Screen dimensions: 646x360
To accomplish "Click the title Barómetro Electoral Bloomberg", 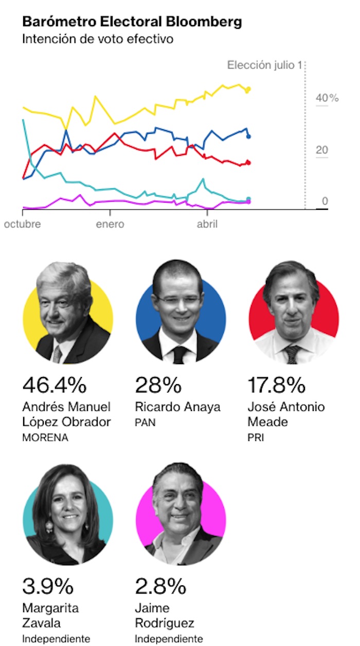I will (132, 22).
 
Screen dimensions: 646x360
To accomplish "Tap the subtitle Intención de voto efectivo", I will (98, 39).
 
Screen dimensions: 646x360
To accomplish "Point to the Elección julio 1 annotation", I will (264, 65).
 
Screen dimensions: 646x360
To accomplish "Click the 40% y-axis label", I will (327, 98).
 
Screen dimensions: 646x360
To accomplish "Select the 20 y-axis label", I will (321, 150).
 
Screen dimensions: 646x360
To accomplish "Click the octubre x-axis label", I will (23, 225).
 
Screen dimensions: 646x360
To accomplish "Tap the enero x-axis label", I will (110, 225).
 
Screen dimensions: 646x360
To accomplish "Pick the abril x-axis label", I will (207, 225).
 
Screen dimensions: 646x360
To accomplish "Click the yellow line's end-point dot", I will (249, 89).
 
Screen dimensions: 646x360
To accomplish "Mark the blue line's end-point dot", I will (249, 136).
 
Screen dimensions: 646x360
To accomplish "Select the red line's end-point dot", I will (249, 163).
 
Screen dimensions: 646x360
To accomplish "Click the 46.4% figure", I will (55, 385).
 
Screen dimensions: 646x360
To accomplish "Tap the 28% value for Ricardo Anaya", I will (158, 385).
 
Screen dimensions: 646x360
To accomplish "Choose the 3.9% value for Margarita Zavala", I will (48, 586).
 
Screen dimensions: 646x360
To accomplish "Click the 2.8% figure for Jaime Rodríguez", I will (160, 586).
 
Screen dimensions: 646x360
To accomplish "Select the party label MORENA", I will (45, 438).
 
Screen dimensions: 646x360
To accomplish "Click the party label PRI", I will (256, 438).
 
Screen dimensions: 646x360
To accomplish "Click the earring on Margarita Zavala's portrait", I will (49, 526).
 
